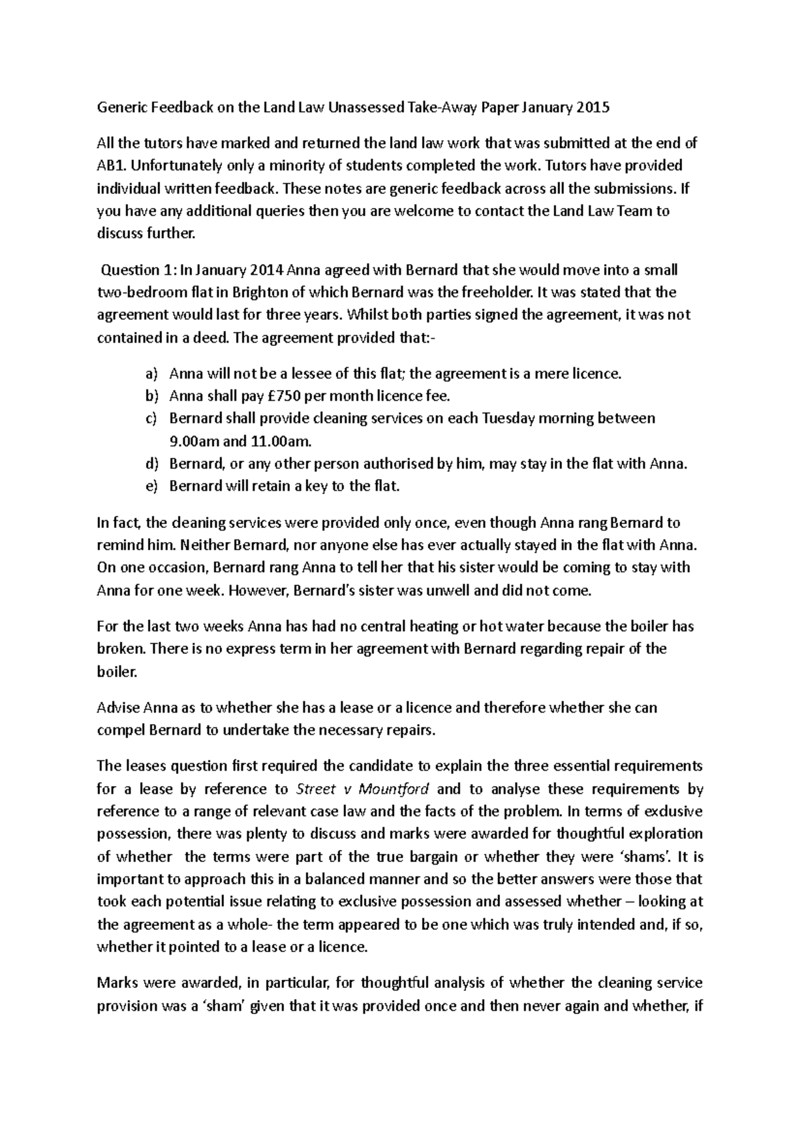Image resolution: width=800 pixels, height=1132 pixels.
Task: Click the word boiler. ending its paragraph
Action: [x=117, y=673]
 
